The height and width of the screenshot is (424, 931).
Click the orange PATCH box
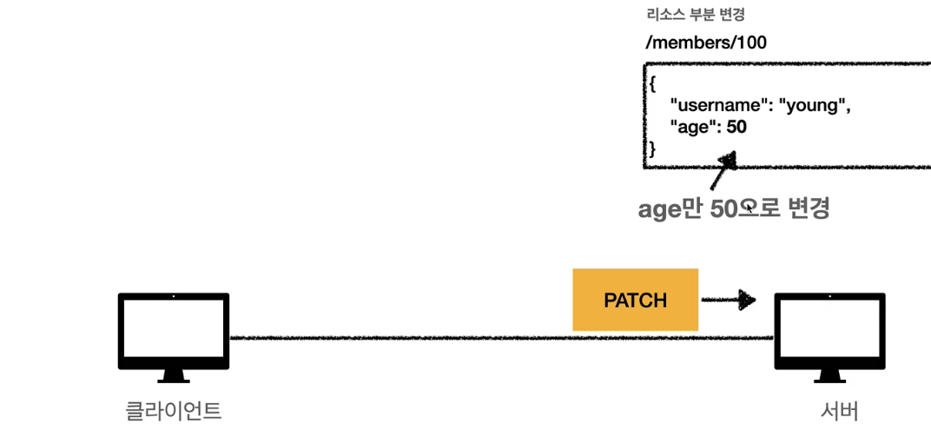(635, 300)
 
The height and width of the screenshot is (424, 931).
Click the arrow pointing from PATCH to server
(727, 301)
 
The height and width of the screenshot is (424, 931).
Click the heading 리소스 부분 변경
(695, 15)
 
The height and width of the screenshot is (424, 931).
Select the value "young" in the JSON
(813, 106)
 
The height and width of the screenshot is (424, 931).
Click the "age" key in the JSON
(692, 127)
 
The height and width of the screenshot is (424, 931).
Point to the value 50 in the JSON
(736, 127)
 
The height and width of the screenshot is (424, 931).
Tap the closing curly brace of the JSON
(651, 149)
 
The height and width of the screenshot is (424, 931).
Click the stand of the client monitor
(173, 375)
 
